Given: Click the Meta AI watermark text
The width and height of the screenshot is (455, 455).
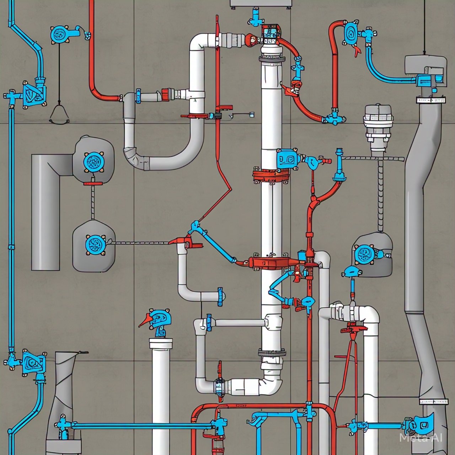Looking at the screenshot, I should pos(421,438).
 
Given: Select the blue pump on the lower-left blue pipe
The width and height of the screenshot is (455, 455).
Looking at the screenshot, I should pos(33,363).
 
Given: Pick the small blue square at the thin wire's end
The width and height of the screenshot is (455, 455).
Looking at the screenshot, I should pos(252,115).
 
